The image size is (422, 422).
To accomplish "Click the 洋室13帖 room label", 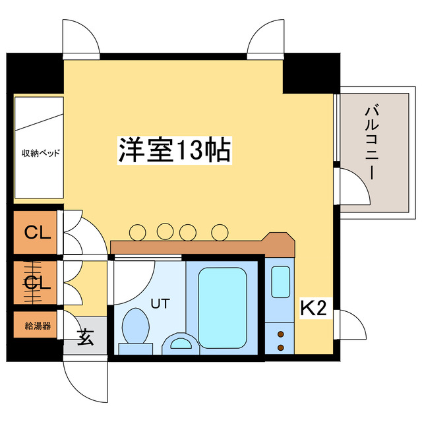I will (x=174, y=151).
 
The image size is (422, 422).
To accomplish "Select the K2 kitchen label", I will (x=314, y=309).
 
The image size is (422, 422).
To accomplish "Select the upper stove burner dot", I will (x=282, y=334).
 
